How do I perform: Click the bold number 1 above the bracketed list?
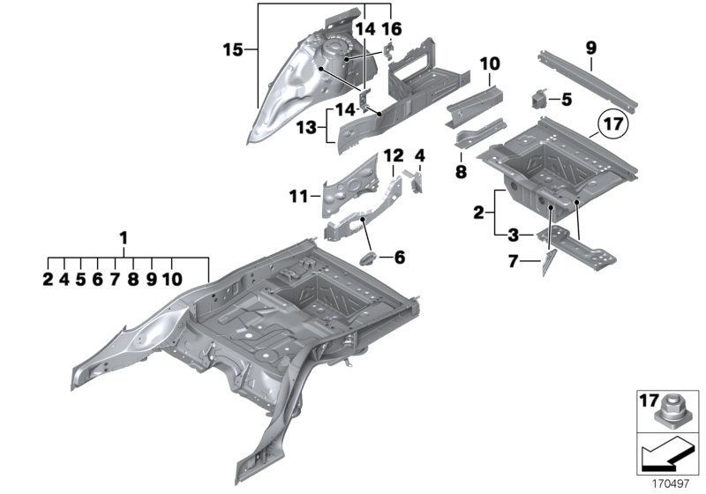(124, 238)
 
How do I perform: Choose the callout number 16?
(391, 28)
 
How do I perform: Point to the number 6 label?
(399, 258)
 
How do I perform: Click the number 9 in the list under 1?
(150, 279)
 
